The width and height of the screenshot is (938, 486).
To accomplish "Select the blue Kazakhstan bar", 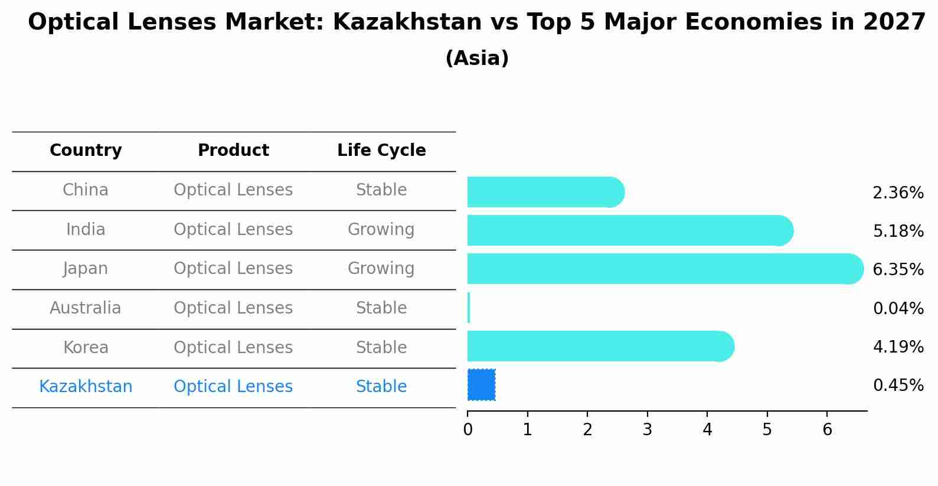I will click(481, 385).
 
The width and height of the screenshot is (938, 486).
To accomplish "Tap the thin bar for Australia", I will click(469, 308).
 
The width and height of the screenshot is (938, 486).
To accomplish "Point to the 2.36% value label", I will click(898, 193).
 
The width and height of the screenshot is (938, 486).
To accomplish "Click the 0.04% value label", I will click(898, 308).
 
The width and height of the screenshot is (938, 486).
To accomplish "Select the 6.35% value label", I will click(898, 270).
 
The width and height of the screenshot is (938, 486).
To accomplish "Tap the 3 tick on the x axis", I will click(648, 430).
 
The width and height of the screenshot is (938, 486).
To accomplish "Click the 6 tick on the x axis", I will click(827, 430).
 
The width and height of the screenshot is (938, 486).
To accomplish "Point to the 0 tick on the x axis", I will click(468, 430).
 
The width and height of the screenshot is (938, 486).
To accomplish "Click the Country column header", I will click(86, 151).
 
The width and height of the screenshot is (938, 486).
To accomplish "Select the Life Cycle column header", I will click(381, 151).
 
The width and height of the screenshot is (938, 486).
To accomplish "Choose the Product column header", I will click(233, 151).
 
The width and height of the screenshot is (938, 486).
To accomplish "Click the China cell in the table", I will click(86, 190).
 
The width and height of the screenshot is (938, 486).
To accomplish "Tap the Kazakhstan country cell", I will click(86, 387).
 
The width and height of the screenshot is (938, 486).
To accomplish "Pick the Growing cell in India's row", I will click(381, 230).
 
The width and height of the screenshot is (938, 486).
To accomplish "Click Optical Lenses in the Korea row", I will click(233, 348).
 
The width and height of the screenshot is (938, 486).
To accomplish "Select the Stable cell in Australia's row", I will click(381, 308).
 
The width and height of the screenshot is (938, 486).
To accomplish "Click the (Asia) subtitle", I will click(477, 58).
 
